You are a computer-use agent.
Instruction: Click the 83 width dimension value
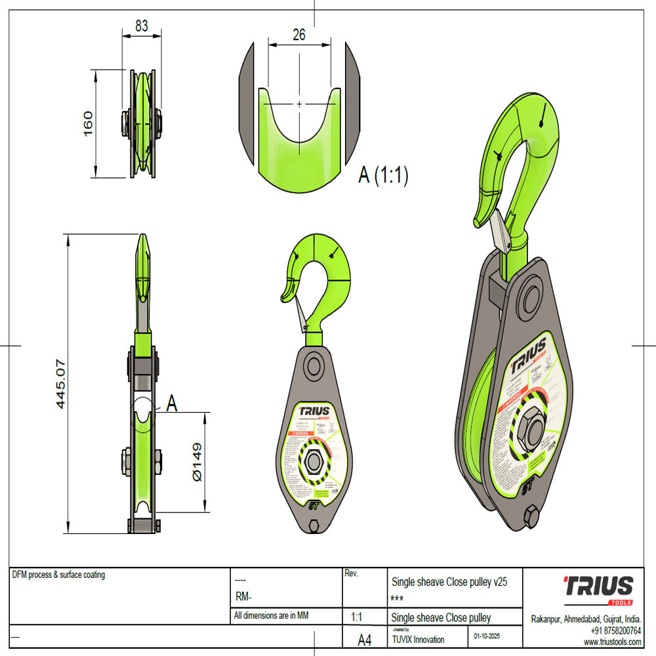141,26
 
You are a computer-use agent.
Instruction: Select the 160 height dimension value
88,123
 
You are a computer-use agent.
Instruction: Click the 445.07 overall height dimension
61,384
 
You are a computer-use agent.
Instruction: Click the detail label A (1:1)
383,175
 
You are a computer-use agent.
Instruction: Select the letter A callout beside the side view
172,403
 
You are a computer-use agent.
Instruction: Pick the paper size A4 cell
364,639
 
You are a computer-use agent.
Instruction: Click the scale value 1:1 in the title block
358,617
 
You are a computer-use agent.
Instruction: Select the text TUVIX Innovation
418,640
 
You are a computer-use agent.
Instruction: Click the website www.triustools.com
611,642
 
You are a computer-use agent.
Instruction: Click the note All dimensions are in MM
271,616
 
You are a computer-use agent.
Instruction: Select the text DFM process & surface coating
58,575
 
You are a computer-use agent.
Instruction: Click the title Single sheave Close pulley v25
449,582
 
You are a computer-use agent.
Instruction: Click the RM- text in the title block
243,597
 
